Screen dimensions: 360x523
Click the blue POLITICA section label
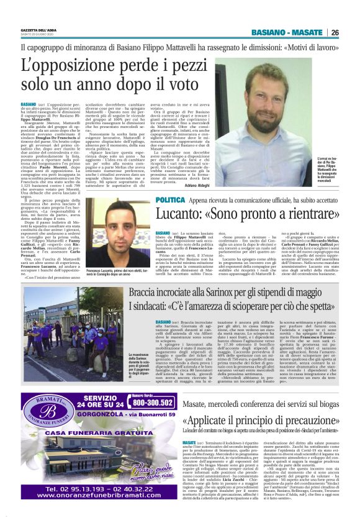coord(170,201)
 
